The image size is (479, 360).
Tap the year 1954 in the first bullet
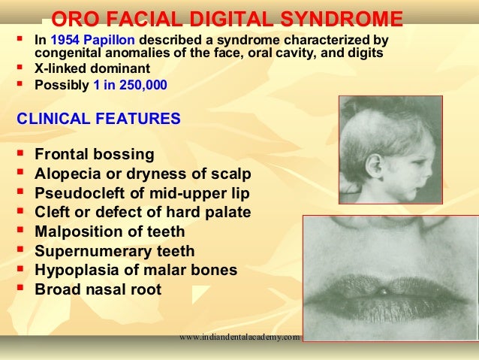click(65, 39)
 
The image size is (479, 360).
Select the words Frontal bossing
click(95, 154)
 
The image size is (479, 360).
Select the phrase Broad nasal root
click(98, 289)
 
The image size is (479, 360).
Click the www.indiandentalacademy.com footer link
click(239, 337)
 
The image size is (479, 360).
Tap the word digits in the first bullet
click(366, 54)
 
